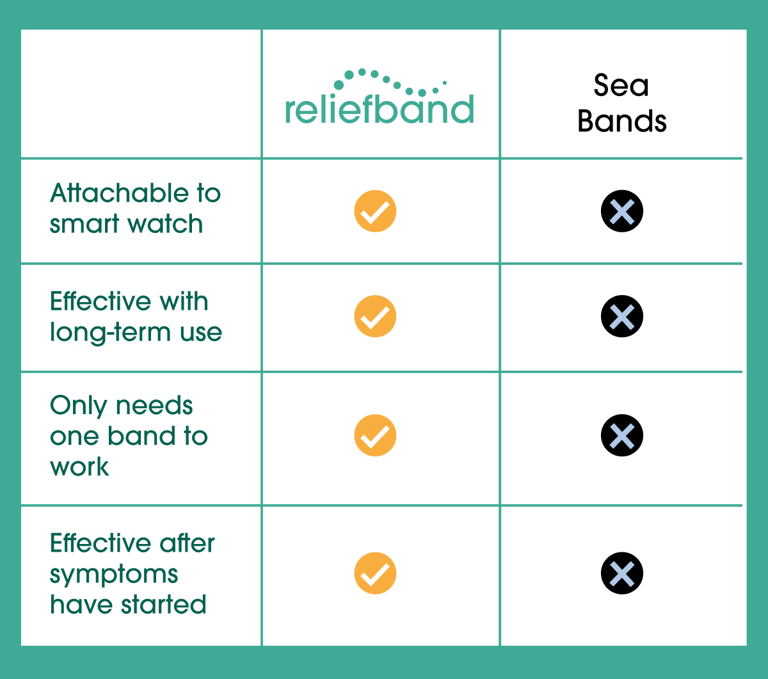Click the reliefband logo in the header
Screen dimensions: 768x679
(x=380, y=97)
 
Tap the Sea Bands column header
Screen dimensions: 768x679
(x=621, y=103)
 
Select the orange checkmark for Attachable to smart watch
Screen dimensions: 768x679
(x=375, y=211)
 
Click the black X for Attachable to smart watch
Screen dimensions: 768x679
(x=622, y=211)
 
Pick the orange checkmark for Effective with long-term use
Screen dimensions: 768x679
(x=375, y=316)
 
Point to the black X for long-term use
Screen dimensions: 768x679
(x=622, y=316)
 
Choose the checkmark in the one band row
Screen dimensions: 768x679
(x=375, y=435)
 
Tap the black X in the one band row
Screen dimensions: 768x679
(x=622, y=435)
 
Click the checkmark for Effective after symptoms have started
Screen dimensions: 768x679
(x=375, y=573)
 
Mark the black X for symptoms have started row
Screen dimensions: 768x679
(x=622, y=573)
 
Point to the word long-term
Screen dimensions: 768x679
(x=110, y=333)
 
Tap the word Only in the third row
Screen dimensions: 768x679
(x=78, y=406)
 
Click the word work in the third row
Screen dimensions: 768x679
(x=79, y=467)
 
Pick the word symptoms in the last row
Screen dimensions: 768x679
(x=114, y=575)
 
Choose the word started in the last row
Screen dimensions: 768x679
(x=164, y=604)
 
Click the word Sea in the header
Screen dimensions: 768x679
(x=621, y=85)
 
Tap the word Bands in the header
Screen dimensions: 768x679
(x=622, y=121)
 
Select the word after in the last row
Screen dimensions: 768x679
(x=188, y=543)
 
